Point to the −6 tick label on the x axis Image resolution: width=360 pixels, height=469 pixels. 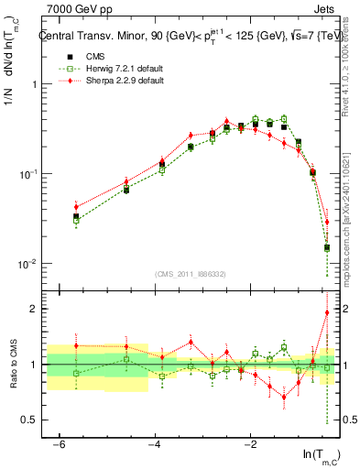click(60, 444)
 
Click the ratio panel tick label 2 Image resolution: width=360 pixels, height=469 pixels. click(34, 309)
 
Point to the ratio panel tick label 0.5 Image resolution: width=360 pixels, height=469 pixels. click(31, 420)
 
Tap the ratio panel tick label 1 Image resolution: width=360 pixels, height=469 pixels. click(34, 365)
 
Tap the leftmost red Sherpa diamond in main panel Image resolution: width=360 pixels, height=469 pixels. click(77, 207)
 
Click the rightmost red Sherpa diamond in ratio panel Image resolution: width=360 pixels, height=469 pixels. click(327, 312)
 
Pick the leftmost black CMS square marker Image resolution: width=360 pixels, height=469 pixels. click(77, 216)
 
